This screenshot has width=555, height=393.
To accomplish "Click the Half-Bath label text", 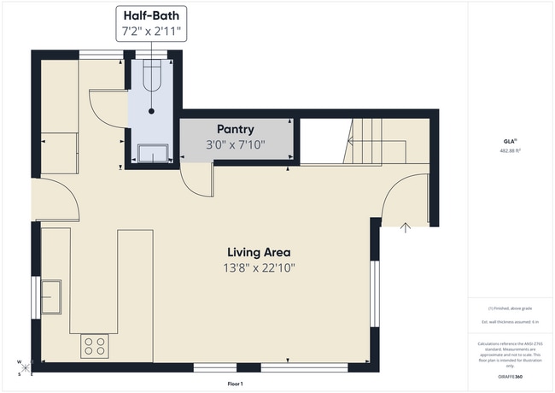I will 152,15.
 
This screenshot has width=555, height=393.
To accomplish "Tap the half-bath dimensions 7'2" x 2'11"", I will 152,31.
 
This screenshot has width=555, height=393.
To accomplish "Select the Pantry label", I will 236,129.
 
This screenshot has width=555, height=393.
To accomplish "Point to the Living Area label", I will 258,252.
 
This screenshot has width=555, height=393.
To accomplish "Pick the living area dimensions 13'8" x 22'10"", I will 258,267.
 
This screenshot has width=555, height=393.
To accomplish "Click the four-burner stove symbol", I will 94,346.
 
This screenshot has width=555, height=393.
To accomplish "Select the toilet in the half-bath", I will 151,77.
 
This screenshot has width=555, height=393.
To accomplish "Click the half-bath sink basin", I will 152,153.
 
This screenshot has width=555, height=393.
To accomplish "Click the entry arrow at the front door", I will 406,226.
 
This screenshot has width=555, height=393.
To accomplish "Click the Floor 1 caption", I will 236,384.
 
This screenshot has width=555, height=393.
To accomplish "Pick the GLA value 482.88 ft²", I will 511,150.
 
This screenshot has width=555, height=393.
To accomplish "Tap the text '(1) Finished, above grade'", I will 510,308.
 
